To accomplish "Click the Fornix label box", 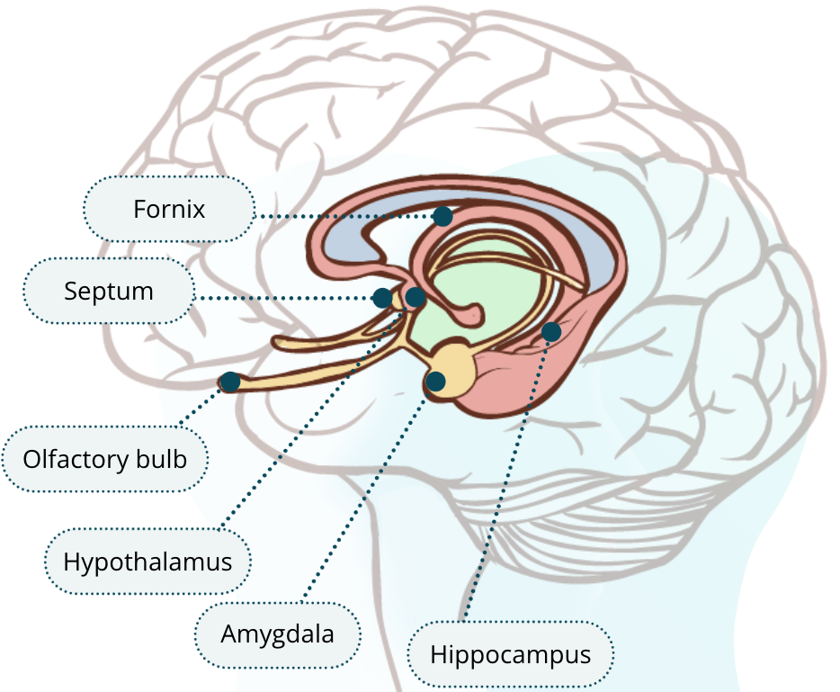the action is pos(169,209).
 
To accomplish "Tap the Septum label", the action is pos(109,291).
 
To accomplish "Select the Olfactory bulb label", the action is pos(105,459).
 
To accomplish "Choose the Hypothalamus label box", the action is pos(147,562).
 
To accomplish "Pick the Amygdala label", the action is pos(278,634).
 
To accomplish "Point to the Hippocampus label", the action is pos(511,654).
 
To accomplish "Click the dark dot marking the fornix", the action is pos(442,217).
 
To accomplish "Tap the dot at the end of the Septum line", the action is pos(382,298).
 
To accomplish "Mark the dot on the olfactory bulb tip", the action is pos(230,382).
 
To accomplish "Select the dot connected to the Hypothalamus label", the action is pos(416,297).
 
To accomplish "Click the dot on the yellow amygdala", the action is pos(435,382).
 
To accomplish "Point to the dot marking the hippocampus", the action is pos(551,332).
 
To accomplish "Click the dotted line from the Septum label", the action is pos(283,298).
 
